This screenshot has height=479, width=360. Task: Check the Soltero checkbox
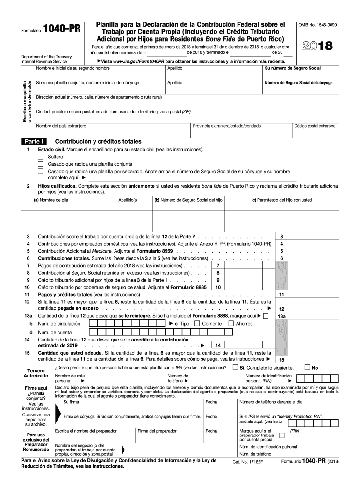tap(40, 157)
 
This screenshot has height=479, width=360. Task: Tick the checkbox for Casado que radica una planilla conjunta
tap(40, 164)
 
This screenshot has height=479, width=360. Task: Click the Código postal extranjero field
tap(314, 132)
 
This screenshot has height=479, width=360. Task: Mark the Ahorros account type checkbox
tap(230, 323)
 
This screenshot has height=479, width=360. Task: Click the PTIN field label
tap(295, 431)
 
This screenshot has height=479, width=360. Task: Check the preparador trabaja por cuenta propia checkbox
tap(281, 435)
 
